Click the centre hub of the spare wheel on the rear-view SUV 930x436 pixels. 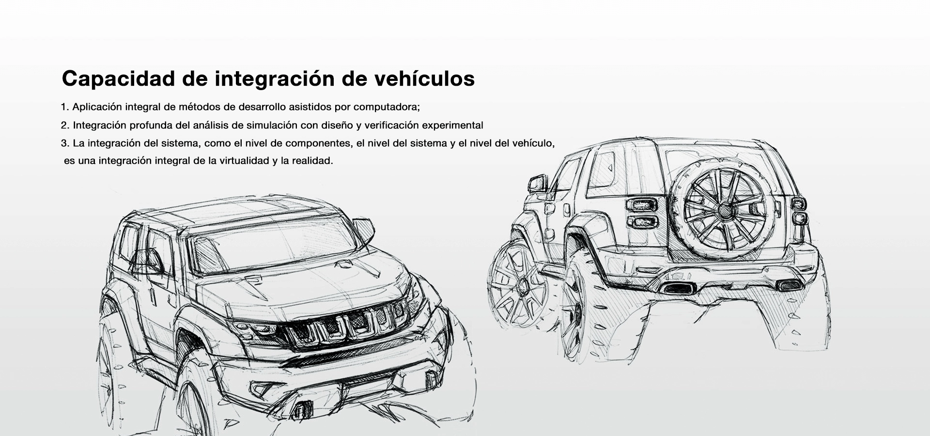click(x=725, y=210)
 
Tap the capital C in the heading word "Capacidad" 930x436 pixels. click(x=71, y=78)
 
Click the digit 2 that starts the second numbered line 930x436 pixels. click(x=64, y=125)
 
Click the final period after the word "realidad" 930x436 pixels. click(x=332, y=163)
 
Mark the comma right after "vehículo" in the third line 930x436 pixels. click(x=553, y=145)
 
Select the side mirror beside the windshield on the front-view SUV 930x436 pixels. click(x=364, y=230)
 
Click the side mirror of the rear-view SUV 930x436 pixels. click(x=538, y=184)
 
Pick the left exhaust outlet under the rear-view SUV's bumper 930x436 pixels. click(x=678, y=288)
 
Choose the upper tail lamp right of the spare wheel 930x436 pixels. click(x=799, y=203)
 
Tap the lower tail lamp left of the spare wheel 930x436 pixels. click(x=642, y=222)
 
